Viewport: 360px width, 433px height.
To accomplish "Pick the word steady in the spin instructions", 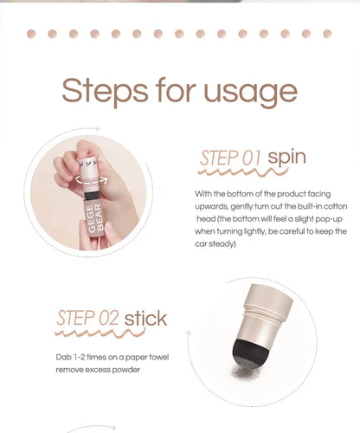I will click(x=223, y=244).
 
